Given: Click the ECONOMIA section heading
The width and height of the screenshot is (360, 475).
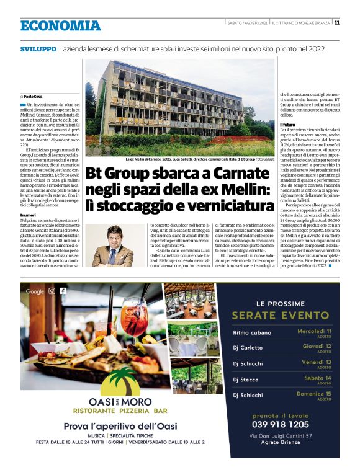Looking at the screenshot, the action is (x=60, y=25).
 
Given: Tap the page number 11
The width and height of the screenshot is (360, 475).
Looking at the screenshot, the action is (x=336, y=23).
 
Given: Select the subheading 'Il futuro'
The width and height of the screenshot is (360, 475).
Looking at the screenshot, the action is (x=287, y=124).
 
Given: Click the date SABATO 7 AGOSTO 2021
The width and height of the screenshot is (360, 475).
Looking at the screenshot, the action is (x=246, y=23).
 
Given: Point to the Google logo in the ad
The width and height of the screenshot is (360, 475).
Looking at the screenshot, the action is (x=35, y=291).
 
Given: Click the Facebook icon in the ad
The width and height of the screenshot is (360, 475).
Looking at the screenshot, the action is (x=62, y=291).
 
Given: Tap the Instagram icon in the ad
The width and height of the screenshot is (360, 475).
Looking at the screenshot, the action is (x=52, y=291).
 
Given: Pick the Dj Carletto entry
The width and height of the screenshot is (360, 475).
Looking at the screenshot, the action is (x=248, y=348).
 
